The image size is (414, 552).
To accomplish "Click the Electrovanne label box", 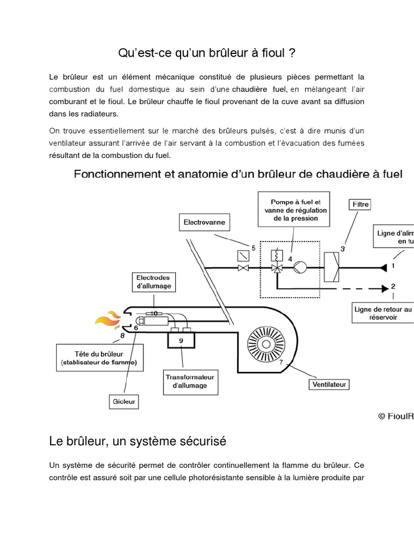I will (x=204, y=222).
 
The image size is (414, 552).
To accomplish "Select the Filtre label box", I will (x=360, y=204).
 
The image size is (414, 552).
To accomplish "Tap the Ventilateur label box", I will (x=329, y=384).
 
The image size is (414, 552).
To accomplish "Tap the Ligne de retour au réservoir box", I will (x=383, y=314).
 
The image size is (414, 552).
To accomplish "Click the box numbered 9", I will (x=181, y=341).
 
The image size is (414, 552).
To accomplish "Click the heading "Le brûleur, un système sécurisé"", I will (x=137, y=441).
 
